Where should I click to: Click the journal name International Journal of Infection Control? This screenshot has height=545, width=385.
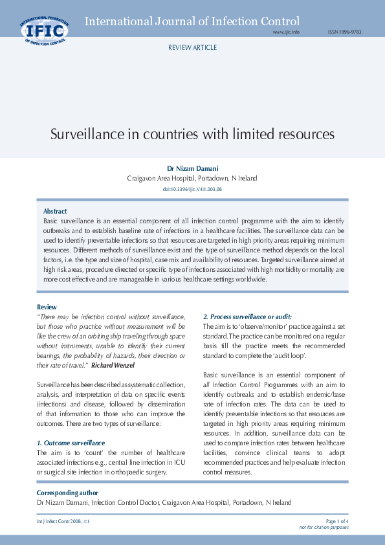tap(192, 21)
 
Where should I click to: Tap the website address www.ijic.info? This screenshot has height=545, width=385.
tap(286, 32)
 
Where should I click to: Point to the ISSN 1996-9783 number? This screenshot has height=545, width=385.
tap(344, 32)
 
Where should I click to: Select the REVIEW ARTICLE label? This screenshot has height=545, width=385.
tap(192, 48)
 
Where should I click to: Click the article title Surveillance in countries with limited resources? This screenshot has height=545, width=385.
tap(192, 135)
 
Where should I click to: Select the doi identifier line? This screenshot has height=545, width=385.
tap(192, 188)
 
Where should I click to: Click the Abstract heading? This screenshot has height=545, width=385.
tap(55, 212)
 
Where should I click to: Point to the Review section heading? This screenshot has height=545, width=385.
tap(47, 306)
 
